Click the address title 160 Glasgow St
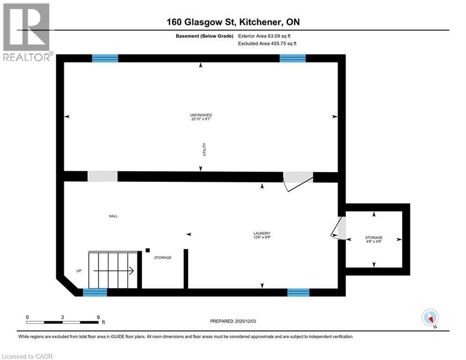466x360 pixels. [x=233, y=22]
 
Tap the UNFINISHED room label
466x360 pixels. [x=201, y=115]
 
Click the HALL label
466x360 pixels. [x=113, y=216]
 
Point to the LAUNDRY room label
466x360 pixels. [x=262, y=233]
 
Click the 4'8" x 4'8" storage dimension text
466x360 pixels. [x=374, y=242]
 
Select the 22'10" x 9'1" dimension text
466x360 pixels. [x=201, y=120]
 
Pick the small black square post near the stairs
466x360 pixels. [x=148, y=250]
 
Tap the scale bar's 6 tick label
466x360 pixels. [x=98, y=317]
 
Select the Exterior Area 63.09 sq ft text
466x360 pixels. [x=267, y=36]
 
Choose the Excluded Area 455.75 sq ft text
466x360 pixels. [x=267, y=44]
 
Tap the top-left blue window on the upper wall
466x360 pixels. [x=105, y=58]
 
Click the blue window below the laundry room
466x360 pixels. [x=298, y=292]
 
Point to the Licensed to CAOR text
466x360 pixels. [x=28, y=356]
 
